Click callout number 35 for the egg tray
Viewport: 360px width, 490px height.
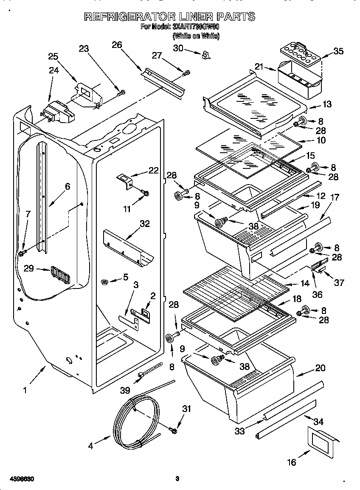tap(338, 52)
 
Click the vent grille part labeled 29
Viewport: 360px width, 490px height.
tap(59, 275)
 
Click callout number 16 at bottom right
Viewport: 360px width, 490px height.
tap(292, 462)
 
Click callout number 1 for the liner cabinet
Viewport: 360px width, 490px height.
tap(25, 390)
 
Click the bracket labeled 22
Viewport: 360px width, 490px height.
tap(125, 180)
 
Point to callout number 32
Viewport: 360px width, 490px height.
tap(145, 224)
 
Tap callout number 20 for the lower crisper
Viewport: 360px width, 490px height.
tap(320, 368)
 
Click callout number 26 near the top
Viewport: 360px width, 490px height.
tap(117, 45)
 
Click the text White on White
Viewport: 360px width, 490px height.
tap(196, 36)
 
